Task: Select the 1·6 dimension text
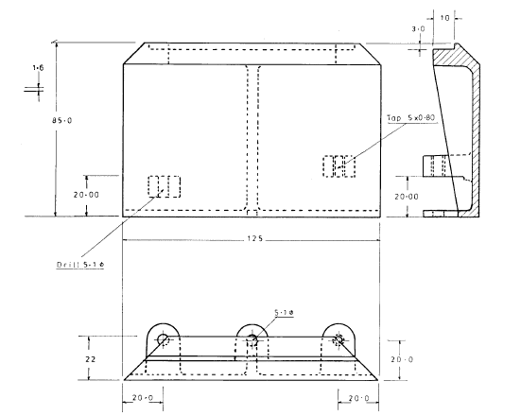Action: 38,69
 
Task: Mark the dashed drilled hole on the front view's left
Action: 163,186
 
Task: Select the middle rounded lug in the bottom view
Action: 252,338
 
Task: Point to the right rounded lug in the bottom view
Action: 339,338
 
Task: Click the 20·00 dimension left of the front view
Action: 91,194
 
